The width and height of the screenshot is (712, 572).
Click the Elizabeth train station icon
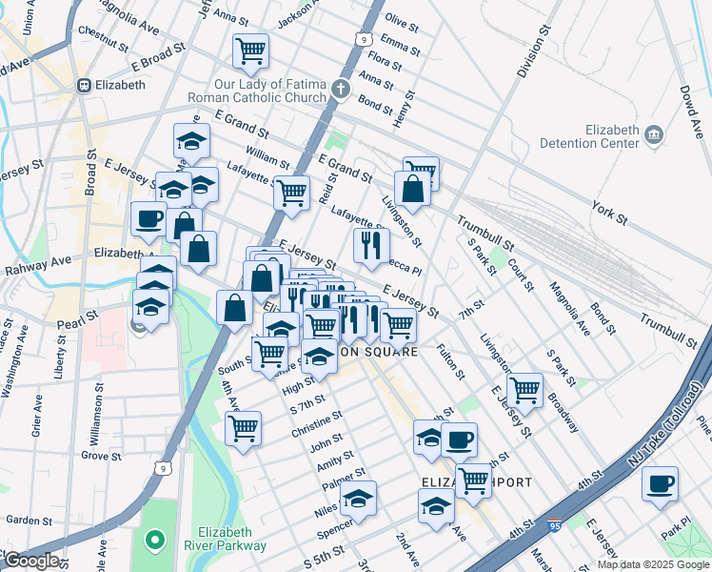[85, 85]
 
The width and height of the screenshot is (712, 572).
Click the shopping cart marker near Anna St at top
[250, 51]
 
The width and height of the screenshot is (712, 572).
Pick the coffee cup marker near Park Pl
[660, 484]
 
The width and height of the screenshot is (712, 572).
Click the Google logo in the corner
[30, 561]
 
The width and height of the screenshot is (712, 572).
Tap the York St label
[609, 214]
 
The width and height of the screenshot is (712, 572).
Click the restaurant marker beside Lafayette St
[370, 244]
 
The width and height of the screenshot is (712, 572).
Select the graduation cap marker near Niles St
[358, 499]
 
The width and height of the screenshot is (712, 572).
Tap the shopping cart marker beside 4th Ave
[244, 427]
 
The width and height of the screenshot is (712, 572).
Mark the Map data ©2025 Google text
[653, 564]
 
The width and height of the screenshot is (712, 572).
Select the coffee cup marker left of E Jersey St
[149, 220]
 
